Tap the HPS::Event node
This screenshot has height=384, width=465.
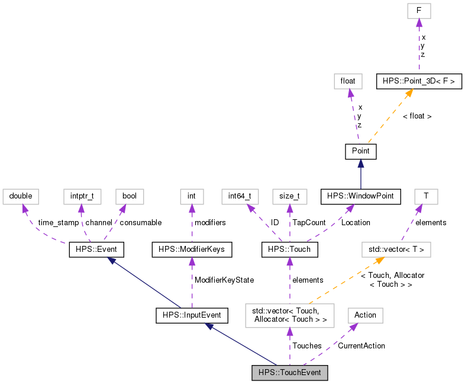tap(96, 250)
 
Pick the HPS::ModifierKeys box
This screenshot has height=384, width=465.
tap(192, 250)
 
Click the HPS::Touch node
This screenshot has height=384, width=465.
tap(289, 250)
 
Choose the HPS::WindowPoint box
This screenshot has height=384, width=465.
tap(360, 196)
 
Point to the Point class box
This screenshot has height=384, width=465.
tap(360, 151)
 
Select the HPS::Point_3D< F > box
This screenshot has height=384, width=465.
tap(419, 81)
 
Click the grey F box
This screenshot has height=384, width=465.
tap(418, 11)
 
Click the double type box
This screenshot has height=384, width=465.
tap(21, 196)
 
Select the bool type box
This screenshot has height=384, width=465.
tap(130, 196)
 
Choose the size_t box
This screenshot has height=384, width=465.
tap(289, 196)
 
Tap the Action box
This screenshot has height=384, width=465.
tap(365, 315)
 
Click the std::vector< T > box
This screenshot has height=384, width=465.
tap(396, 250)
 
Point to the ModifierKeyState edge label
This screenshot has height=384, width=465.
tap(219, 279)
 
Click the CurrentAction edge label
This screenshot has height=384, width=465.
tap(361, 345)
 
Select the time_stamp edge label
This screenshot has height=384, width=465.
tap(58, 223)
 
